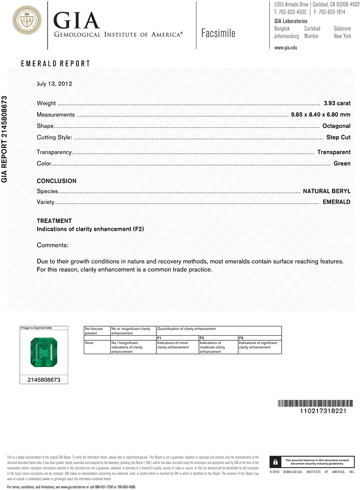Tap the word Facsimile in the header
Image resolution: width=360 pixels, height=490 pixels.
click(218, 33)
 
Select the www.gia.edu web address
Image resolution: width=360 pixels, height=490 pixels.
click(286, 48)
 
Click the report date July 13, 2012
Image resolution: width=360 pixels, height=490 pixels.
click(54, 84)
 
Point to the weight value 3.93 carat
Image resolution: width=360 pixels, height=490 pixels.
click(337, 103)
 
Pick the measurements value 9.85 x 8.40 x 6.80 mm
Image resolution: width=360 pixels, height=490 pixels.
click(320, 115)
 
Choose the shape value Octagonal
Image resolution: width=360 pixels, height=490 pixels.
click(336, 126)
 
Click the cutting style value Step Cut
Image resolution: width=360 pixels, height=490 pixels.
click(338, 137)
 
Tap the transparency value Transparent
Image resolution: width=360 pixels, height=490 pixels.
click(334, 152)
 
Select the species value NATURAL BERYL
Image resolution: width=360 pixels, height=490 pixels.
click(327, 191)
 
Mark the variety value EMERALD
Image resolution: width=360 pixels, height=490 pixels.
click(336, 202)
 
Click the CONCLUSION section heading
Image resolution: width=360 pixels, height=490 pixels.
click(56, 181)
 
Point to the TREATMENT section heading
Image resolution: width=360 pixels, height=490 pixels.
click(54, 221)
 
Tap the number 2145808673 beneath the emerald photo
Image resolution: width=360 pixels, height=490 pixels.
click(44, 380)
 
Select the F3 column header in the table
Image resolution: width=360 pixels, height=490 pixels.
click(241, 338)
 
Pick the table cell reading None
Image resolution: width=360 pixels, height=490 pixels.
click(89, 343)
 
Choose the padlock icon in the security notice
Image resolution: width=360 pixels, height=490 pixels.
click(276, 462)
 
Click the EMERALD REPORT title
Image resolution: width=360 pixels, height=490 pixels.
click(55, 64)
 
